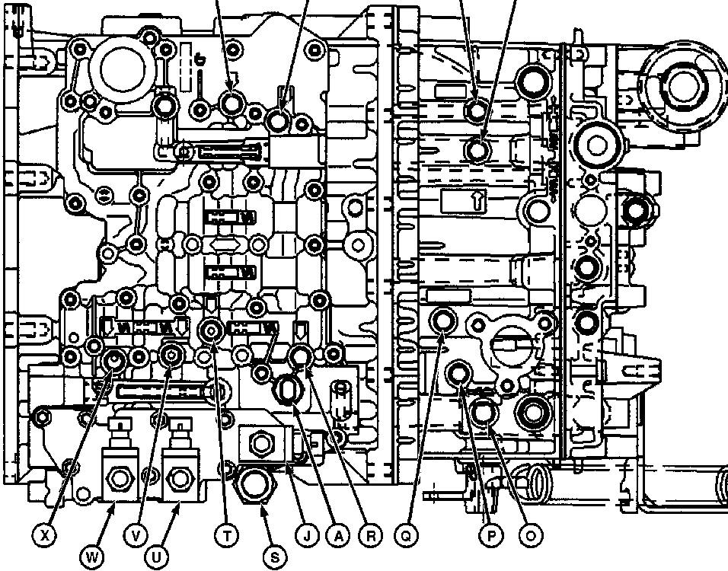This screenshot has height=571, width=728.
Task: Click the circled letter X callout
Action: pyautogui.click(x=46, y=536)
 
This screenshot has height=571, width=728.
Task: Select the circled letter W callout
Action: pyautogui.click(x=92, y=557)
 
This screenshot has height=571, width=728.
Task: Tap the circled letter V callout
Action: pyautogui.click(x=136, y=536)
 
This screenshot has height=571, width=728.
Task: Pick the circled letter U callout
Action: pyautogui.click(x=157, y=557)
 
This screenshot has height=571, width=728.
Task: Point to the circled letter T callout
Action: pyautogui.click(x=227, y=536)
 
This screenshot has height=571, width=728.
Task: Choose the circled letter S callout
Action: pyautogui.click(x=274, y=557)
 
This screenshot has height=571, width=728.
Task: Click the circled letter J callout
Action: pyautogui.click(x=306, y=536)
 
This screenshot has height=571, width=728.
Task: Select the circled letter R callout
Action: pyautogui.click(x=371, y=536)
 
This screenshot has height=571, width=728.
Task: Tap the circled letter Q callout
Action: pyautogui.click(x=407, y=536)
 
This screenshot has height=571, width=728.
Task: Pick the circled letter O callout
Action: pyautogui.click(x=530, y=536)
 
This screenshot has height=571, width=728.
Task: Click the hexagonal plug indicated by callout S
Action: pyautogui.click(x=254, y=481)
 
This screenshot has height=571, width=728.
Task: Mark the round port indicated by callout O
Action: pyautogui.click(x=483, y=413)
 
